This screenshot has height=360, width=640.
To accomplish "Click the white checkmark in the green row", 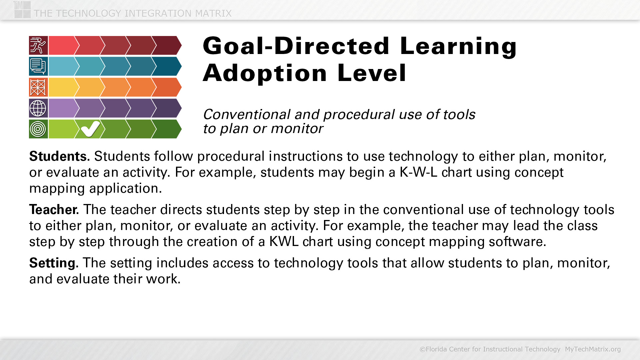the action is (90, 129).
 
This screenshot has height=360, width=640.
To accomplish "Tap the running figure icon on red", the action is (38, 45).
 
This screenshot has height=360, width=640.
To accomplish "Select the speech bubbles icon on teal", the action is (38, 66).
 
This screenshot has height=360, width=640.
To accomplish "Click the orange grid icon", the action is (38, 87).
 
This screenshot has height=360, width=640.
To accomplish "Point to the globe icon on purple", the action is (38, 108).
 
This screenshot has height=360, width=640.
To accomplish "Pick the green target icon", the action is (38, 129).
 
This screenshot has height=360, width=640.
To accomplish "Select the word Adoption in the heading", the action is (265, 73).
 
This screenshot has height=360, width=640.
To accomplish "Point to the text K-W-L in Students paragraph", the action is (418, 172).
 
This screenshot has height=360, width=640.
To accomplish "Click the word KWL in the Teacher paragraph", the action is (284, 241).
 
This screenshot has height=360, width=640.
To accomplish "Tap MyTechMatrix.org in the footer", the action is (593, 349).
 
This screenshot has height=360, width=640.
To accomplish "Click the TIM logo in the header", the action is (22, 10).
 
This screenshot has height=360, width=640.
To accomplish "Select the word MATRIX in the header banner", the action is (213, 13).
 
